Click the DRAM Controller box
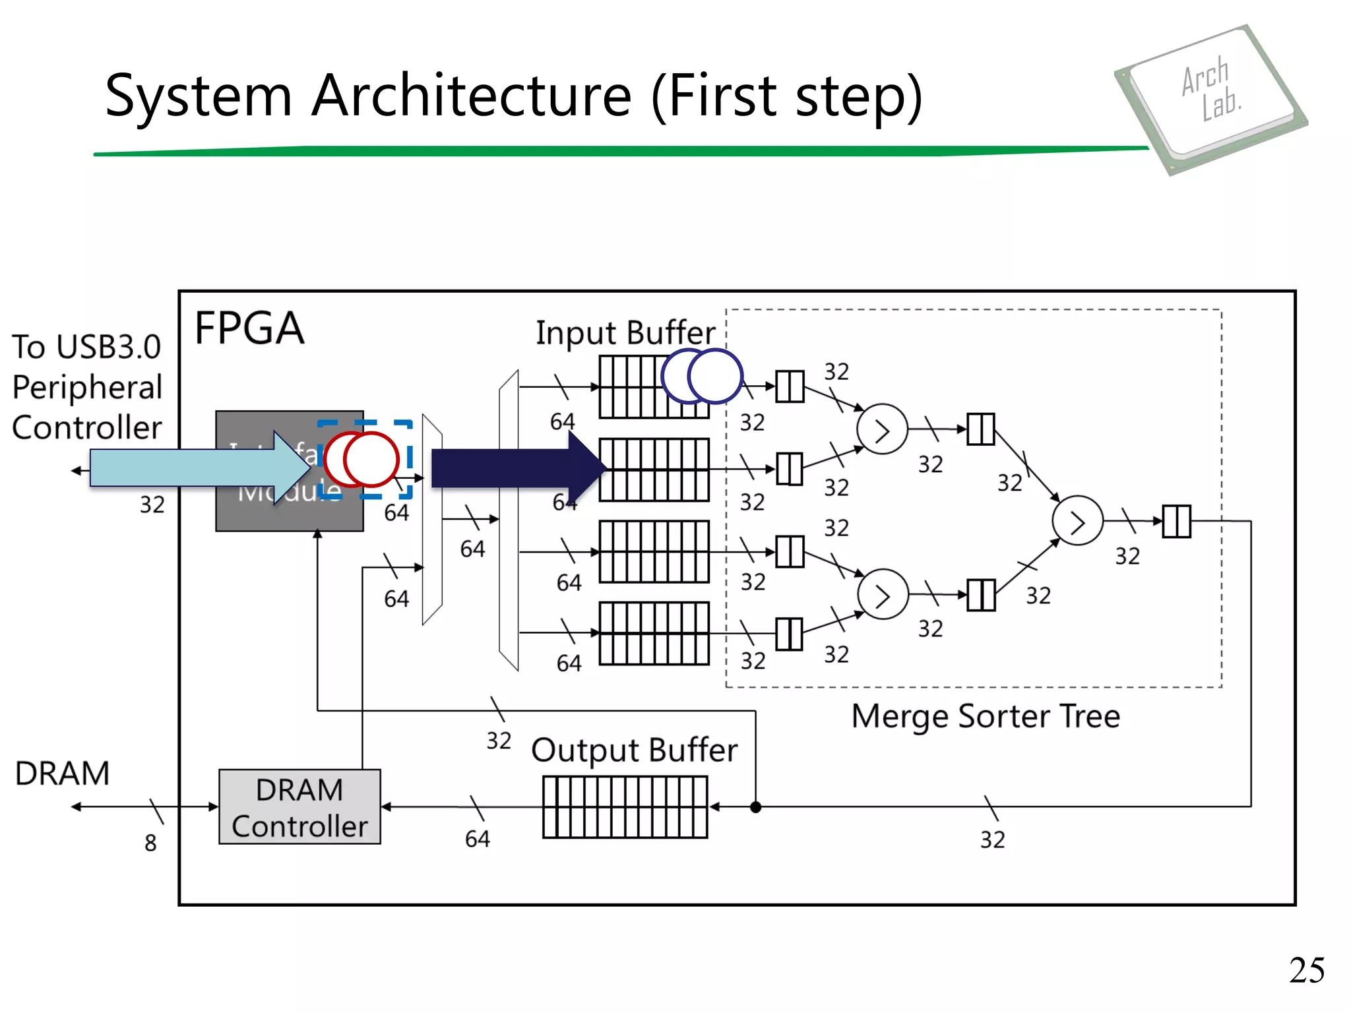299,807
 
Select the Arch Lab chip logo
1211,99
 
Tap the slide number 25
1306,970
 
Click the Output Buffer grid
625,807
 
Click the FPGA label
249,328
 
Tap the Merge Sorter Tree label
986,716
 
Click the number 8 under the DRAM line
150,843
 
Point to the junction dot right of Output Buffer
756,807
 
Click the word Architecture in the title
472,96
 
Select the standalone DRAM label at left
62,773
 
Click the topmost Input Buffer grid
633,387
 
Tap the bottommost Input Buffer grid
654,633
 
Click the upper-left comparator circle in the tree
882,429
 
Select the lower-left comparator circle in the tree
883,594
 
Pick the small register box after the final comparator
1176,521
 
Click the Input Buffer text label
625,332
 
